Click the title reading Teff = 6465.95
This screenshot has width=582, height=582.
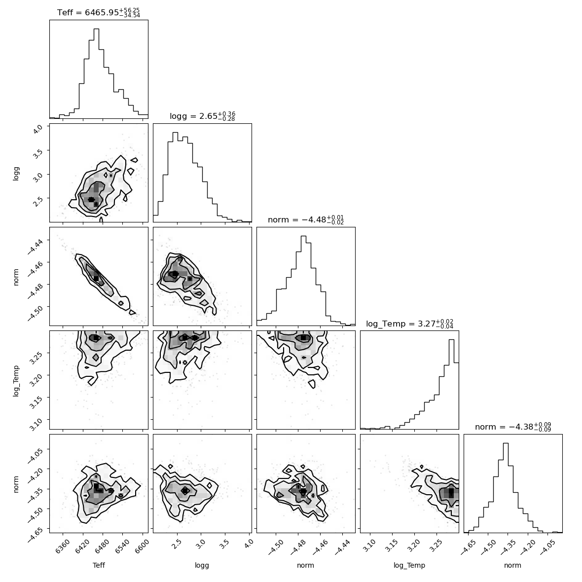pos(99,12)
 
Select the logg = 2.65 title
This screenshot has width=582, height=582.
pos(202,116)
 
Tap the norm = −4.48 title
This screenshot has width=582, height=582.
pos(306,219)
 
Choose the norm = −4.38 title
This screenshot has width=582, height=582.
pos(513,427)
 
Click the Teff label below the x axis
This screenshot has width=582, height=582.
pos(99,565)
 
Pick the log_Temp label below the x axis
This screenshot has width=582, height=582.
pos(409,566)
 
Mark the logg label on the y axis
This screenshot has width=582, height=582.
pos(16,173)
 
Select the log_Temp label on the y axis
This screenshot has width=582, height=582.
pos(16,380)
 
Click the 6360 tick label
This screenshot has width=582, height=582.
pos(62,547)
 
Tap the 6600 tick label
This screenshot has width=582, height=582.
pos(143,547)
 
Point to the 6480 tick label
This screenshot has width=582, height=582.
pos(103,547)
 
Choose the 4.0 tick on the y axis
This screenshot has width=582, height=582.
pos(38,129)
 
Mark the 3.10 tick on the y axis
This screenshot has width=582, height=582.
pos(36,422)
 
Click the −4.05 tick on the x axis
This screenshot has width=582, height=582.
pos(548,547)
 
